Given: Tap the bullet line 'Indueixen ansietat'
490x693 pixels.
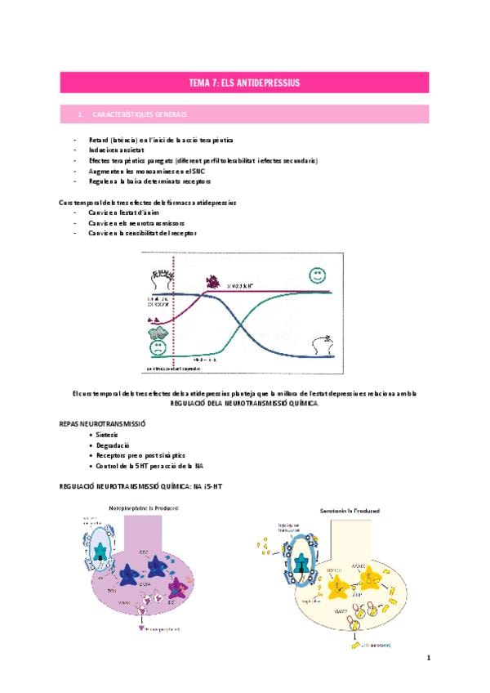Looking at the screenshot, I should pyautogui.click(x=117, y=150).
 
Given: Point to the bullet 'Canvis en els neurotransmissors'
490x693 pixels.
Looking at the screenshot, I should pyautogui.click(x=136, y=222).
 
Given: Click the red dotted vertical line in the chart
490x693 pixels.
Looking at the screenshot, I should pyautogui.click(x=174, y=327).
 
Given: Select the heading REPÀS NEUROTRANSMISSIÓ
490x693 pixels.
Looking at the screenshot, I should pyautogui.click(x=102, y=426).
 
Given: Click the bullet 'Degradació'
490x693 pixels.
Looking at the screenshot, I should pyautogui.click(x=115, y=445).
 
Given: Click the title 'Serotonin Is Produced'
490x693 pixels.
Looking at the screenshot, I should pyautogui.click(x=343, y=511).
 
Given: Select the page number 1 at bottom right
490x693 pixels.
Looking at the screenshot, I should pyautogui.click(x=427, y=657).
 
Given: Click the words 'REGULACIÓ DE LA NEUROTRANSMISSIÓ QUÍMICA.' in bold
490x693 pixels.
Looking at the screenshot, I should pyautogui.click(x=244, y=404).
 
